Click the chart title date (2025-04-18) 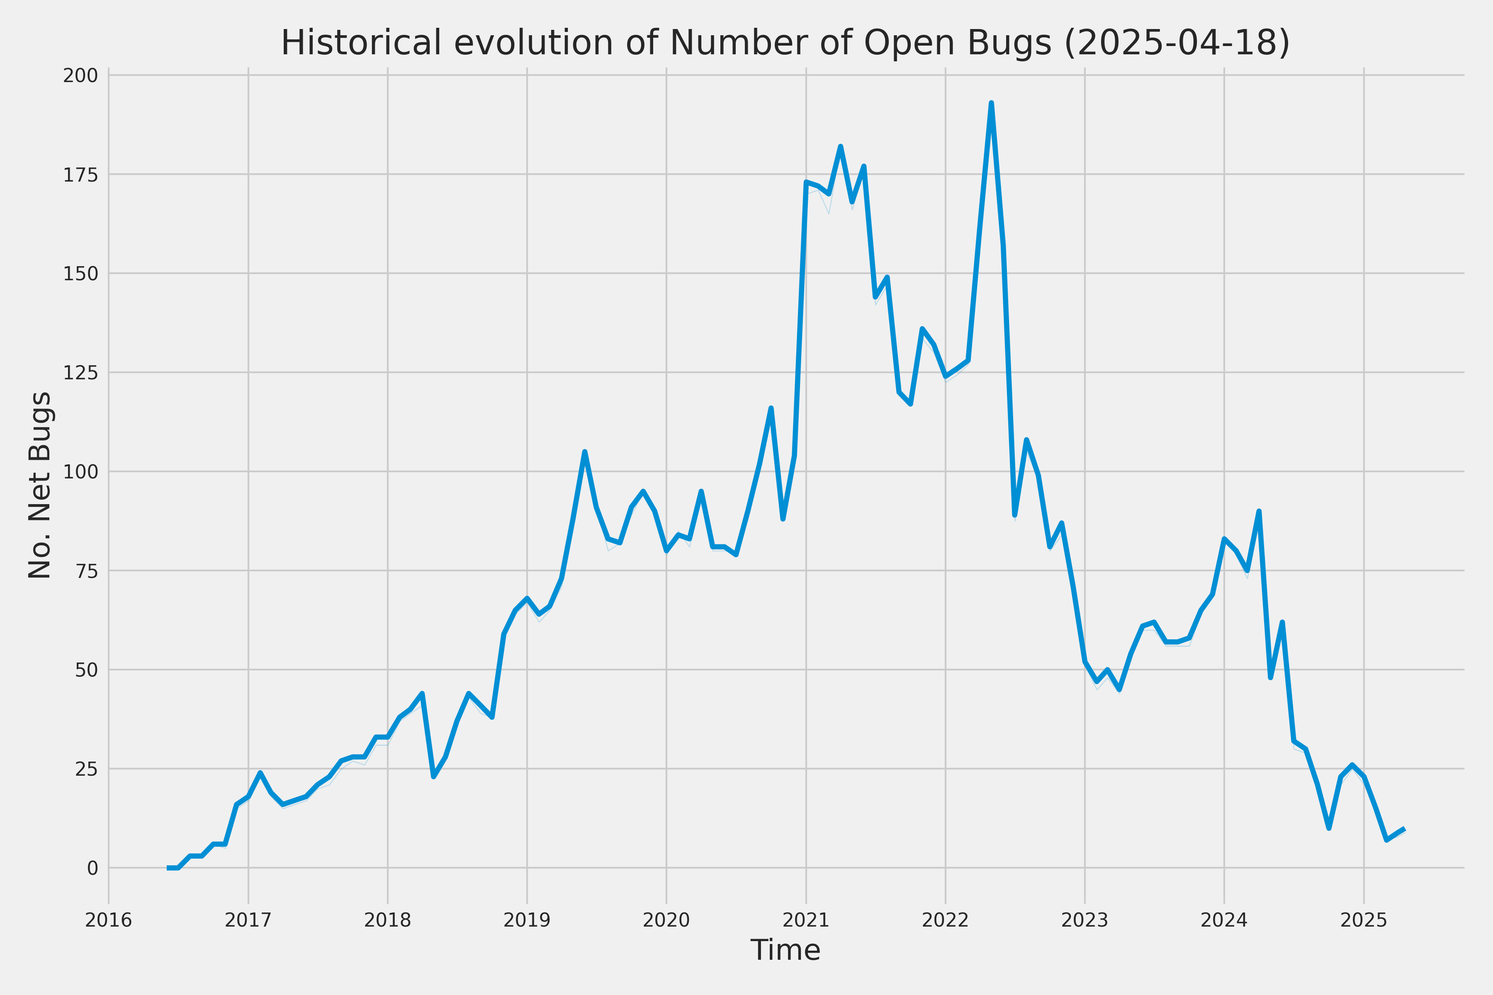pyautogui.click(x=1177, y=43)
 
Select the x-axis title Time pyautogui.click(x=785, y=950)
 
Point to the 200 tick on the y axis pyautogui.click(x=80, y=75)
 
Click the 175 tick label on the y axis pyautogui.click(x=80, y=175)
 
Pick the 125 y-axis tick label pyautogui.click(x=80, y=372)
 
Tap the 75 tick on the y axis pyautogui.click(x=86, y=570)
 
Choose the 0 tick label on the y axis pyautogui.click(x=92, y=867)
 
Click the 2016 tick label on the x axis pyautogui.click(x=109, y=920)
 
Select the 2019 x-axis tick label pyautogui.click(x=527, y=920)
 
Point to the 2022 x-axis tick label pyautogui.click(x=945, y=920)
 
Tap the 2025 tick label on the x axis pyautogui.click(x=1364, y=920)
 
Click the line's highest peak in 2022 pyautogui.click(x=991, y=103)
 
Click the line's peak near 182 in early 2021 pyautogui.click(x=841, y=147)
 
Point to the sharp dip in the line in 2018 pyautogui.click(x=433, y=776)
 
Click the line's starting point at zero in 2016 pyautogui.click(x=169, y=867)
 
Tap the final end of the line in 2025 pyautogui.click(x=1405, y=829)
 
